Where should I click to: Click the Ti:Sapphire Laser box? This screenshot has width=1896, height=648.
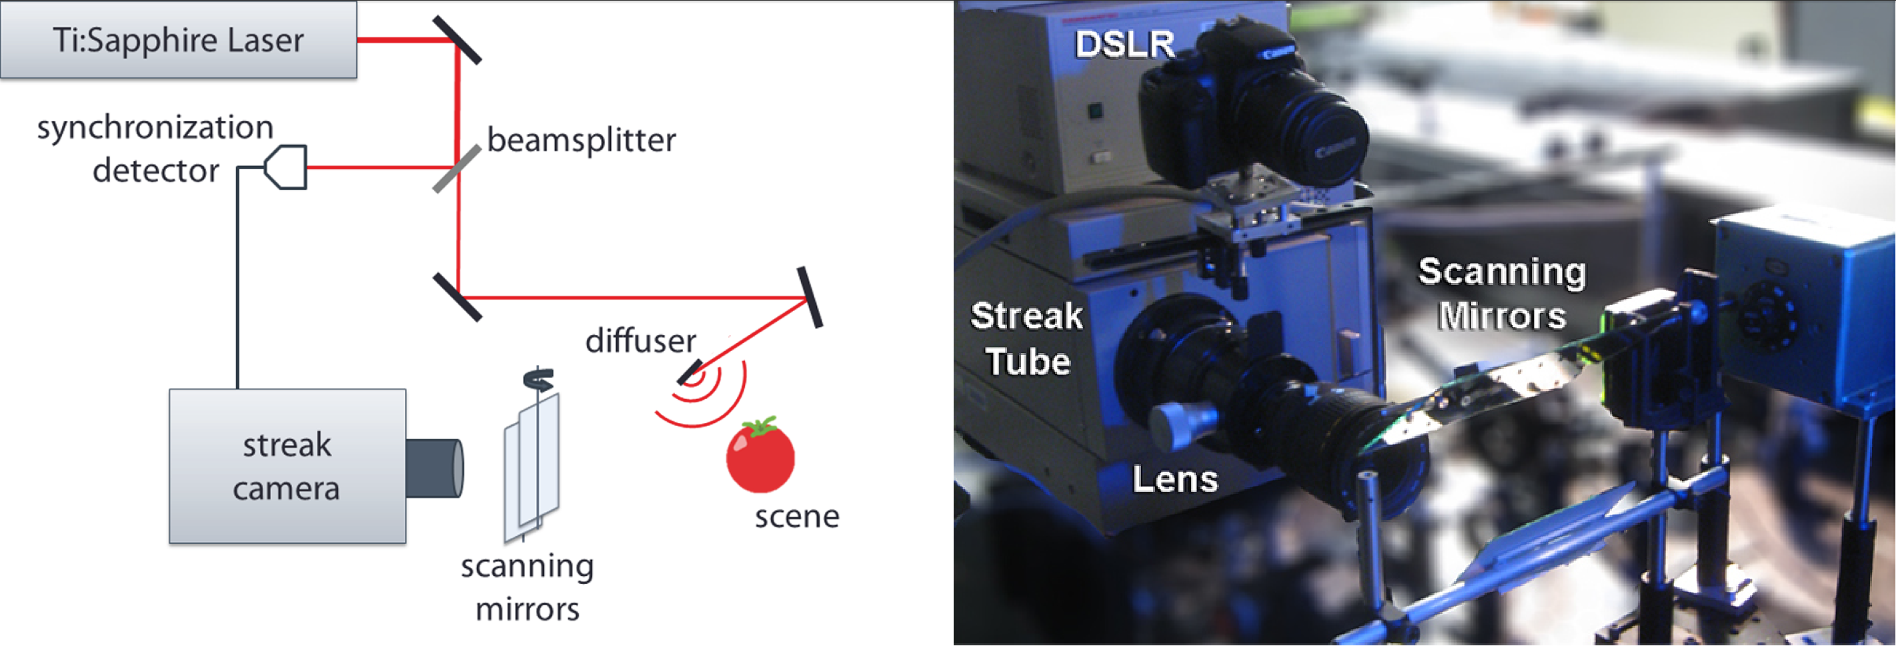coord(178,40)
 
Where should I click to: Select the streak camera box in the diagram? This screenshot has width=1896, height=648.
coord(287,466)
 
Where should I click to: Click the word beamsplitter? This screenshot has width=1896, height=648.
coord(582,140)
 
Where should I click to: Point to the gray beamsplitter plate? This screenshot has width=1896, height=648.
coord(457,169)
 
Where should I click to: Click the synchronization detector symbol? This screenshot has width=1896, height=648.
coord(285,167)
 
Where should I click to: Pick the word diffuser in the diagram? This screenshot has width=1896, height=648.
coord(640,341)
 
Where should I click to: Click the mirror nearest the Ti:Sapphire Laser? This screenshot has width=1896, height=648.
coord(457,40)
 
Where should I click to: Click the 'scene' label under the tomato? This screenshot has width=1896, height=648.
coord(797,517)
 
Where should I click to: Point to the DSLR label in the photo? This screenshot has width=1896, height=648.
coord(1124,44)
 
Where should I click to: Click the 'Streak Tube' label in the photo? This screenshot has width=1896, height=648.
coord(1027,339)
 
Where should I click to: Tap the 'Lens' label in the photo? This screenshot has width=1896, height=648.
coord(1174,479)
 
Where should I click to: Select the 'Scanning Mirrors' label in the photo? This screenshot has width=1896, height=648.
coord(1501,294)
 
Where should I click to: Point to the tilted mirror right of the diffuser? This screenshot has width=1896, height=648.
coord(810,297)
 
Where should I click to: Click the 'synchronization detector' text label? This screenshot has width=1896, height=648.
coord(155,149)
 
